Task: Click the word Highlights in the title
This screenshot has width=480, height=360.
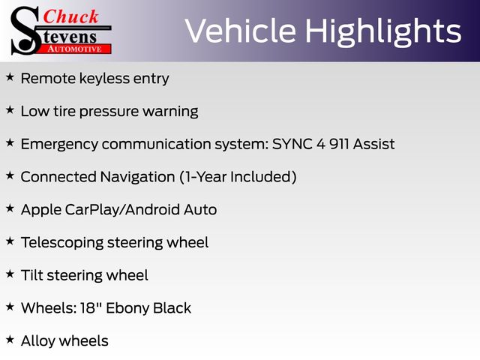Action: coord(383,31)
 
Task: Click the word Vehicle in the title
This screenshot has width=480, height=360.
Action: coord(240,31)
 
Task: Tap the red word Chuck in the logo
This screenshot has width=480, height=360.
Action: coord(70,16)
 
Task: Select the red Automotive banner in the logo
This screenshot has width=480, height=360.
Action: coord(74,49)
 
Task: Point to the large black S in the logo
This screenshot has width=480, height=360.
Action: coord(25,31)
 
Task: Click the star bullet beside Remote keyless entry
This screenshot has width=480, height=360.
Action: coord(10,77)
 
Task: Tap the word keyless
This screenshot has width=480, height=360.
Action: coord(104,78)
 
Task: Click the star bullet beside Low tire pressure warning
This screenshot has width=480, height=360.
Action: coord(10,110)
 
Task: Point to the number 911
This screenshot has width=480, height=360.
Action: coord(339,144)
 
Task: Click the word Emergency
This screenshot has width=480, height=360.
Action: coord(59,145)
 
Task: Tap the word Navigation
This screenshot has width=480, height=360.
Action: coord(137,177)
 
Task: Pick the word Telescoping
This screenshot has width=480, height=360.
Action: coord(62,243)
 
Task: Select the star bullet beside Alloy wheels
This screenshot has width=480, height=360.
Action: coord(10,340)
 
